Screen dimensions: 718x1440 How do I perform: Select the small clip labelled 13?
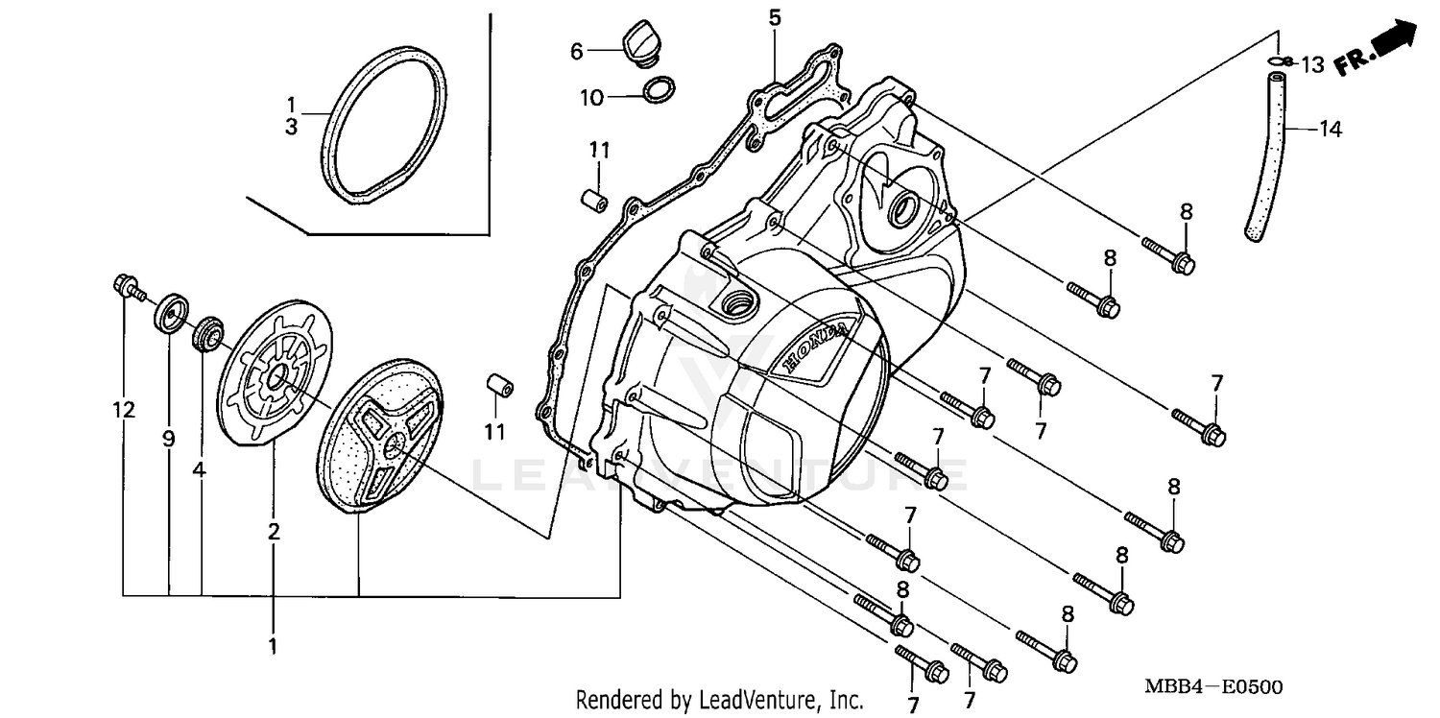[1278, 62]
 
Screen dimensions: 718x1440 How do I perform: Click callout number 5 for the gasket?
[775, 16]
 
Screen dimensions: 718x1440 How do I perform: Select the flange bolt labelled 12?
[127, 285]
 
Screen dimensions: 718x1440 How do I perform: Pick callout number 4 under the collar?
[199, 469]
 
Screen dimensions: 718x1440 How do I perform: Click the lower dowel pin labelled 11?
[498, 386]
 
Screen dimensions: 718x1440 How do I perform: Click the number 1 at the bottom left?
[273, 646]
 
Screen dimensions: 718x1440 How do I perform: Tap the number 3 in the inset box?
[291, 126]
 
